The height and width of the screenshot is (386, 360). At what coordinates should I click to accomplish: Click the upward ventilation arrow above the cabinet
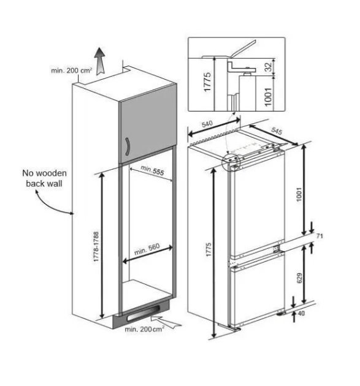100,61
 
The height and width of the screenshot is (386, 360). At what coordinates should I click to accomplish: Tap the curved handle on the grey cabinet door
127,146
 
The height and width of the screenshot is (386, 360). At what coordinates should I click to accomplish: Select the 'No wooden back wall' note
44,178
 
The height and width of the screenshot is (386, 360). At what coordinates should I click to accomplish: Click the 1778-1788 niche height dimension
96,246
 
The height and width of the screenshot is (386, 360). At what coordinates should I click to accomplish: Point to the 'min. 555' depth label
152,170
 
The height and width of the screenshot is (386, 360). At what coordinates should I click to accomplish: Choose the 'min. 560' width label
147,249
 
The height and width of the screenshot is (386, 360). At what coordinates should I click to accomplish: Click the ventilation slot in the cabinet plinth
144,314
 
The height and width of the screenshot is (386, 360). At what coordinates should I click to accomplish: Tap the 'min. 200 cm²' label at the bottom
144,329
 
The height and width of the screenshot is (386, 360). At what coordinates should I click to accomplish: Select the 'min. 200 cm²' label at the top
72,70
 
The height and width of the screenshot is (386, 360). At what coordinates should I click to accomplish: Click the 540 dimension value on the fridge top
207,124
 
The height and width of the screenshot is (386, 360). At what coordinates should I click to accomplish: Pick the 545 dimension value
277,131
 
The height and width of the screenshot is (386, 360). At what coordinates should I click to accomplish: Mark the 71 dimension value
320,236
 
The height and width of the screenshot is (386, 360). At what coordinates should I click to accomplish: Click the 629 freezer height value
299,278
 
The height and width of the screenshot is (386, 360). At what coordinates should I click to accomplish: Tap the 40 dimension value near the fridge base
301,313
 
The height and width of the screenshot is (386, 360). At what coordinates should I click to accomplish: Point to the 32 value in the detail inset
268,66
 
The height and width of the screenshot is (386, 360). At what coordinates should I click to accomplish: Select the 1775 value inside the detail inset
207,81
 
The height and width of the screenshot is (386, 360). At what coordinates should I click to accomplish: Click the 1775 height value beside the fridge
209,249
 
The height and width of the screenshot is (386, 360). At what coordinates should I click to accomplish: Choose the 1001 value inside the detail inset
268,97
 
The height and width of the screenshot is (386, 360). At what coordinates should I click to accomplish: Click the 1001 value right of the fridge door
299,194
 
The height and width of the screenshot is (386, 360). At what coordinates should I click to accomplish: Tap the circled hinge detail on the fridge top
231,162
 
